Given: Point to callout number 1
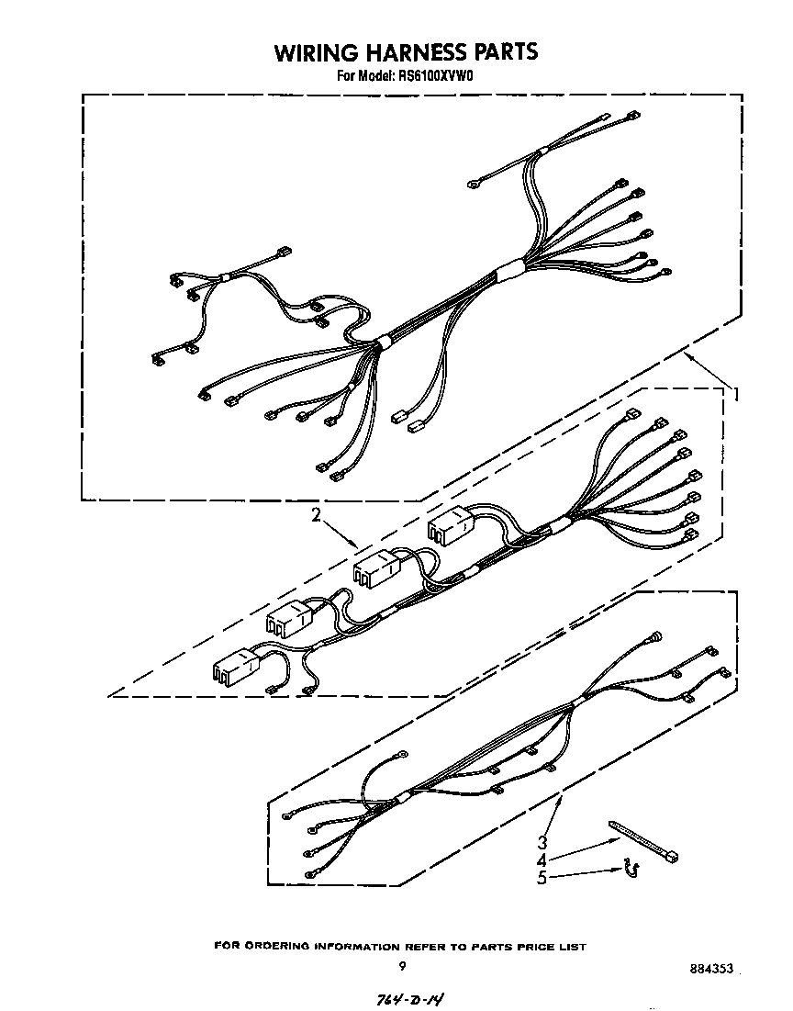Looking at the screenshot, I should (734, 394).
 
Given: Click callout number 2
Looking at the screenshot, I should (315, 516).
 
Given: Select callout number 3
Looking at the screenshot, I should (543, 842).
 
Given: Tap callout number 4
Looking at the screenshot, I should (542, 859).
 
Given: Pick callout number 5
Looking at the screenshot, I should (542, 878).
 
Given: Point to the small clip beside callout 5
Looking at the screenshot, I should (631, 867).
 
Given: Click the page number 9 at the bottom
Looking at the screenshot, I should (402, 965).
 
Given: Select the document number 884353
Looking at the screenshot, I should (709, 969).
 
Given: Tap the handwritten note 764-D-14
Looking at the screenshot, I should (414, 997).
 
